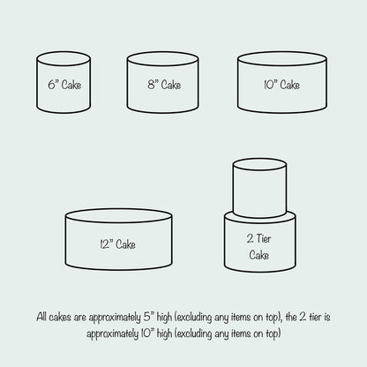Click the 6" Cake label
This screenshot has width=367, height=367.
click(64, 85)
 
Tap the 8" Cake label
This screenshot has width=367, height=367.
click(164, 85)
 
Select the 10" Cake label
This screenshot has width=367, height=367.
click(281, 85)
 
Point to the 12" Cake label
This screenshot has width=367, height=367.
click(117, 244)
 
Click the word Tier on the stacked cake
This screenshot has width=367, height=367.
click(264, 238)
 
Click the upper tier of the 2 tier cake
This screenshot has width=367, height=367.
click(259, 188)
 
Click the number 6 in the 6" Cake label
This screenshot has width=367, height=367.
click(52, 85)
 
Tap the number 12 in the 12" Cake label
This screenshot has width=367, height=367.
click(104, 244)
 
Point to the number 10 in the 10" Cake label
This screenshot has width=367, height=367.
click(269, 85)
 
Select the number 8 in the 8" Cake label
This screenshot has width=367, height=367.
click(151, 85)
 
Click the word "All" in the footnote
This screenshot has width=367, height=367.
click(41, 317)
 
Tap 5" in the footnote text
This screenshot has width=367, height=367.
click(149, 317)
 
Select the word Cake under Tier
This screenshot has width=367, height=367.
click(259, 255)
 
